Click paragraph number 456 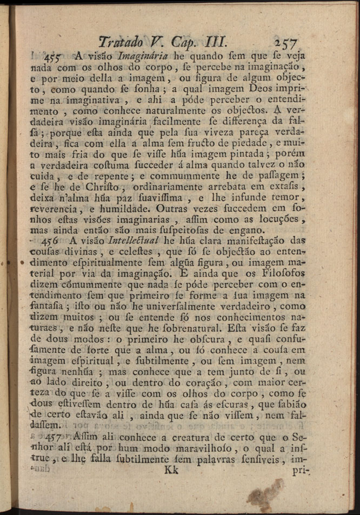[x=54, y=241]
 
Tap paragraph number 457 [x=54, y=437]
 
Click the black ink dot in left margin [x=22, y=262]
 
